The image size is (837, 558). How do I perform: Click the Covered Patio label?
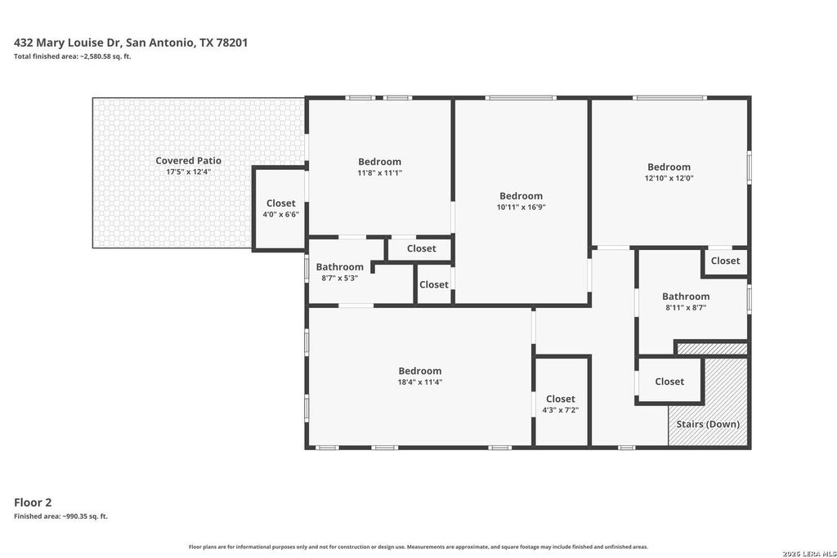click(188, 161)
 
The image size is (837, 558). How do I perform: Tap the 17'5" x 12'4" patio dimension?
click(188, 172)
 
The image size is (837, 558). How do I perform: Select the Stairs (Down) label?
click(708, 424)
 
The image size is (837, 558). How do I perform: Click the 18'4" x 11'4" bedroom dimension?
click(419, 382)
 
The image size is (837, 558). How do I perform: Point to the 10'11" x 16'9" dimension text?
click(521, 207)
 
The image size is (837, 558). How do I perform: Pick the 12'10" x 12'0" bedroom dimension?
click(669, 178)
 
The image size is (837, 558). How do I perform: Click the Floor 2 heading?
click(33, 502)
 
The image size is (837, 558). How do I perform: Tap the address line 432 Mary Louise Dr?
click(131, 42)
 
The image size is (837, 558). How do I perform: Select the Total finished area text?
click(72, 56)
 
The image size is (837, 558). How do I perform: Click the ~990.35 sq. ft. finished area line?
click(60, 516)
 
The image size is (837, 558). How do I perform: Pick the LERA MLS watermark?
click(809, 553)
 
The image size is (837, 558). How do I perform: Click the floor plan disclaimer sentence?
click(418, 547)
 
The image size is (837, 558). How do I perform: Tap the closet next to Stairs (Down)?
click(669, 382)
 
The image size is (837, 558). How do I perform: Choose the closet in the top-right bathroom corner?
click(726, 261)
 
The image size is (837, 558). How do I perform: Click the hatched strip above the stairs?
click(712, 349)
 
